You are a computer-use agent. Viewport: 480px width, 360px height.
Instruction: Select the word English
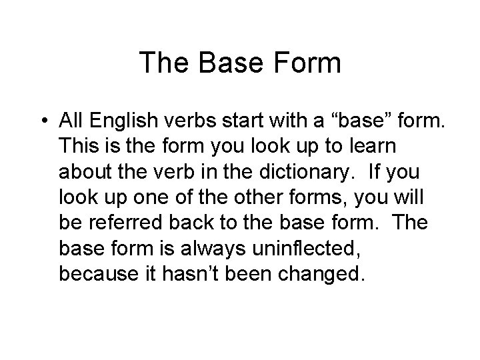click(x=121, y=121)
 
